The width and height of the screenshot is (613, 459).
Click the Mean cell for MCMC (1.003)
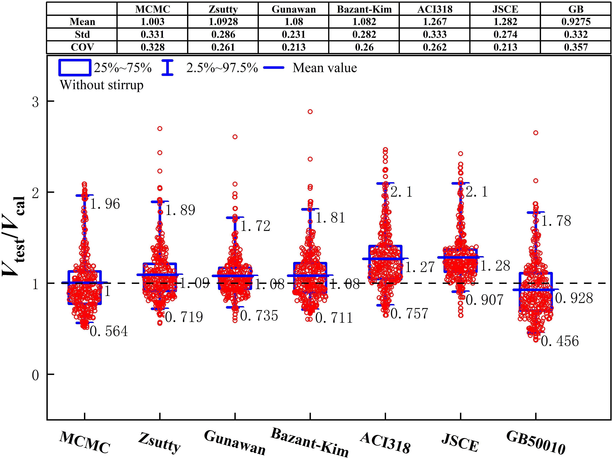pos(152,22)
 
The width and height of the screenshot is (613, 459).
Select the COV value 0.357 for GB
pos(576,47)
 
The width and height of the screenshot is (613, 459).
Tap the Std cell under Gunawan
pos(293,34)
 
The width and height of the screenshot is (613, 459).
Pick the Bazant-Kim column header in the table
pos(364,9)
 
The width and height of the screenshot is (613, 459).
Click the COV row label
pos(82,47)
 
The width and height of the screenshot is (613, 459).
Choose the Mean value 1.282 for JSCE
pos(505,22)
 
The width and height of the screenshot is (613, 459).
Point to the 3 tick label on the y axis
pos(35,102)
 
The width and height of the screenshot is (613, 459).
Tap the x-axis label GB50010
pos(535,443)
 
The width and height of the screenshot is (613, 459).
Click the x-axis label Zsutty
pos(159,443)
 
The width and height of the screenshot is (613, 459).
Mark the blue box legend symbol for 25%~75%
pos(74,68)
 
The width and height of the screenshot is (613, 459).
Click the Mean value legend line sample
pos(274,68)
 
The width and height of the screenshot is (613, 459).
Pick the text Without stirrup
pos(102,85)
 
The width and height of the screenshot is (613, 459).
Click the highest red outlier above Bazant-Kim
pos(310,112)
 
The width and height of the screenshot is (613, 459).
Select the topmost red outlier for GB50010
pos(536,133)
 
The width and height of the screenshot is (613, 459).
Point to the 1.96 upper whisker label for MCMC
pos(105,204)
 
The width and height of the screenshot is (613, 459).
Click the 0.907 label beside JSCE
pos(485,300)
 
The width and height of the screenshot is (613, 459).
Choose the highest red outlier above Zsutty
pos(160,129)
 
